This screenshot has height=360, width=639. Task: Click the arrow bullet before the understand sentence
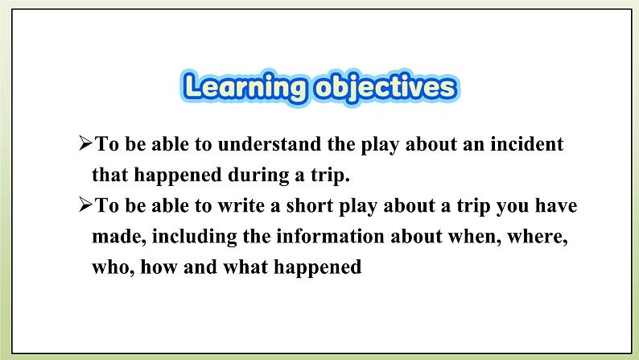[x=87, y=146]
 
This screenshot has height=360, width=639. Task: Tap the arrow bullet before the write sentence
[x=87, y=206]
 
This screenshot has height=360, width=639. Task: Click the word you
[x=511, y=206]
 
